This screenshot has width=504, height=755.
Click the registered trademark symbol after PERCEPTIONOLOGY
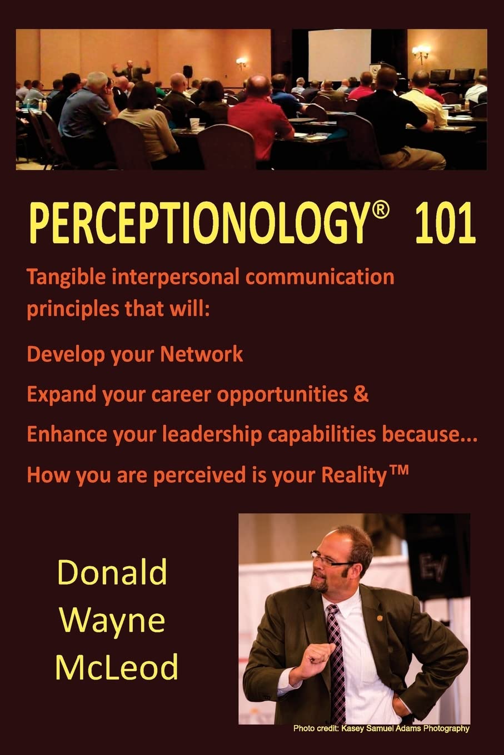378,213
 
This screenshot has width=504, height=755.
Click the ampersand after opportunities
362,394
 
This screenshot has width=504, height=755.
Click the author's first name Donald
112,572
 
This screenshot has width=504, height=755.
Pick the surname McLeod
116,667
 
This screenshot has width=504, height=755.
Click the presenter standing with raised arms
131,70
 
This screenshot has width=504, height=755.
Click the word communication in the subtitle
320,276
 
